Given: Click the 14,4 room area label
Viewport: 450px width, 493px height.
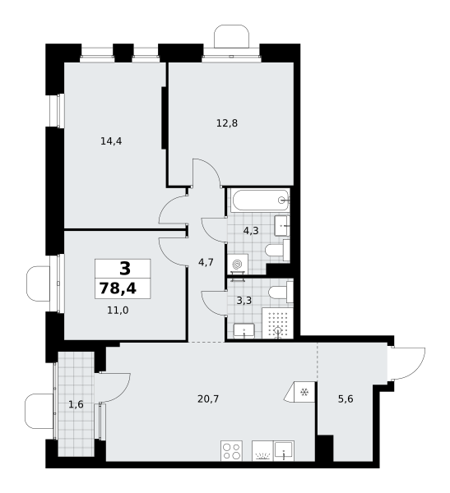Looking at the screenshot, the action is pyautogui.click(x=111, y=141).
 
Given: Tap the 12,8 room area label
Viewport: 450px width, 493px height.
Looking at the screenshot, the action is pyautogui.click(x=227, y=123).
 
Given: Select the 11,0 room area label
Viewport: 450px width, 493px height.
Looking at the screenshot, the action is pyautogui.click(x=118, y=311).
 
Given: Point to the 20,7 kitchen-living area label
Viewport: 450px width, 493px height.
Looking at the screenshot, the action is pyautogui.click(x=208, y=399).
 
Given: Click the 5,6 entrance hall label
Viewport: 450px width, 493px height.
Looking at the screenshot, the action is pyautogui.click(x=346, y=399).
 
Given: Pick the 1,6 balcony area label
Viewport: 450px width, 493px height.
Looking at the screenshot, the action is pyautogui.click(x=76, y=404).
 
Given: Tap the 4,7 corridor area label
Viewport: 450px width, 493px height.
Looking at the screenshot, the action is pyautogui.click(x=206, y=262).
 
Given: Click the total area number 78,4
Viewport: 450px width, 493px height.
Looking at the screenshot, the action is pyautogui.click(x=118, y=288).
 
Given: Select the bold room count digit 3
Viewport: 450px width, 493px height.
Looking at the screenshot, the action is pyautogui.click(x=125, y=269).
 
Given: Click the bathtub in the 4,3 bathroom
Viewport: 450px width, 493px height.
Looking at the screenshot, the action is pyautogui.click(x=259, y=200).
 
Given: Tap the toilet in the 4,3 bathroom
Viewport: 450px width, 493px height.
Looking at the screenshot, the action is pyautogui.click(x=277, y=251).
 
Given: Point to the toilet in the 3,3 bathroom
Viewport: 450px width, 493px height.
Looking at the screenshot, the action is pyautogui.click(x=281, y=292).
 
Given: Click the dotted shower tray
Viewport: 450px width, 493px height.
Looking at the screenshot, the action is pyautogui.click(x=277, y=323).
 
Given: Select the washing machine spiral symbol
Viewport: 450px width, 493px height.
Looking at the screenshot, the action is pyautogui.click(x=237, y=265).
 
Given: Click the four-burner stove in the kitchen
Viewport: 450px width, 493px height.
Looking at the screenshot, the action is pyautogui.click(x=231, y=451).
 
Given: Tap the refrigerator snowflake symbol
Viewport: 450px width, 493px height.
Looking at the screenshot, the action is pyautogui.click(x=304, y=392).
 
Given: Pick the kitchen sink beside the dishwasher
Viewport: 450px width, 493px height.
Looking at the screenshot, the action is pyautogui.click(x=284, y=451).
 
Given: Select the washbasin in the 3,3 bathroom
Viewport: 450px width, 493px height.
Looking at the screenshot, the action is pyautogui.click(x=244, y=331).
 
